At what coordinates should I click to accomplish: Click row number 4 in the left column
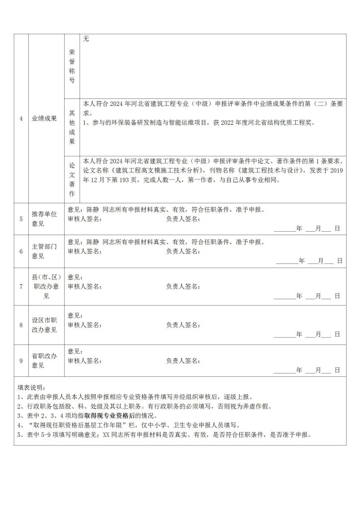[x=21, y=119]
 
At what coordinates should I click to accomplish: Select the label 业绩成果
[x=44, y=119]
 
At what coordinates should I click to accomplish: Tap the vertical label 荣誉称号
[x=72, y=66]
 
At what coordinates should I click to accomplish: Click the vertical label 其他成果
[x=72, y=127]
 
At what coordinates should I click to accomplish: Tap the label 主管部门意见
[x=44, y=251]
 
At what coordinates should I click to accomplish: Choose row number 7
[x=21, y=286]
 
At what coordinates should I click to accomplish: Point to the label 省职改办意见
[x=44, y=360]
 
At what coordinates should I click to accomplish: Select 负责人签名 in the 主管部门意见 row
[x=183, y=251]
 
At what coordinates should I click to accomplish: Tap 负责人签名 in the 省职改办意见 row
[x=183, y=360]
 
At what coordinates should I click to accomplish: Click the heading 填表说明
[x=31, y=387]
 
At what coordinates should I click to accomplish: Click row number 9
[x=21, y=360]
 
